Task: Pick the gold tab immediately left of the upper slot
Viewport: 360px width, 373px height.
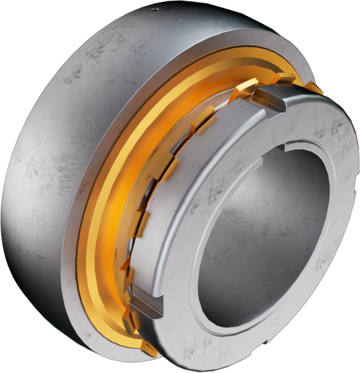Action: [244, 86]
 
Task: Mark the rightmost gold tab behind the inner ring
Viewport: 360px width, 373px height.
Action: [314, 89]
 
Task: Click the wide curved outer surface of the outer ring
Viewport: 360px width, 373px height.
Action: [63, 140]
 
